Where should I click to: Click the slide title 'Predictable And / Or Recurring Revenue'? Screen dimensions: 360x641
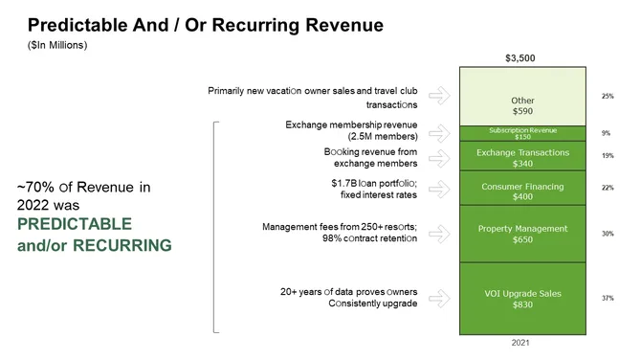click(x=206, y=25)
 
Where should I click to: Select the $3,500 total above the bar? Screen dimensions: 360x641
click(x=519, y=57)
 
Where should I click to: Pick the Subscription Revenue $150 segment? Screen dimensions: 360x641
click(x=522, y=133)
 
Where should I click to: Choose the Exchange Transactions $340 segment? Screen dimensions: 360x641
click(x=522, y=157)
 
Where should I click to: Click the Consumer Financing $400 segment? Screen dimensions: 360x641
click(x=522, y=191)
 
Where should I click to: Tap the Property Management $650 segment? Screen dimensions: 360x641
click(x=522, y=234)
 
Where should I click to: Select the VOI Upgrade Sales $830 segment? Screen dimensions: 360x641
click(x=522, y=299)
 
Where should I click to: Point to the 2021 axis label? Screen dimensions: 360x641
click(x=519, y=342)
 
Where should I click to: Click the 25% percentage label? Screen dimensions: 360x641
click(x=608, y=97)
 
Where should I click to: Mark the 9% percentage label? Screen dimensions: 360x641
click(x=608, y=133)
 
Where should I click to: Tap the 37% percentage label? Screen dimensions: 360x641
click(x=608, y=299)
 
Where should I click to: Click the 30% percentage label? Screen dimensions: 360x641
click(x=608, y=234)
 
